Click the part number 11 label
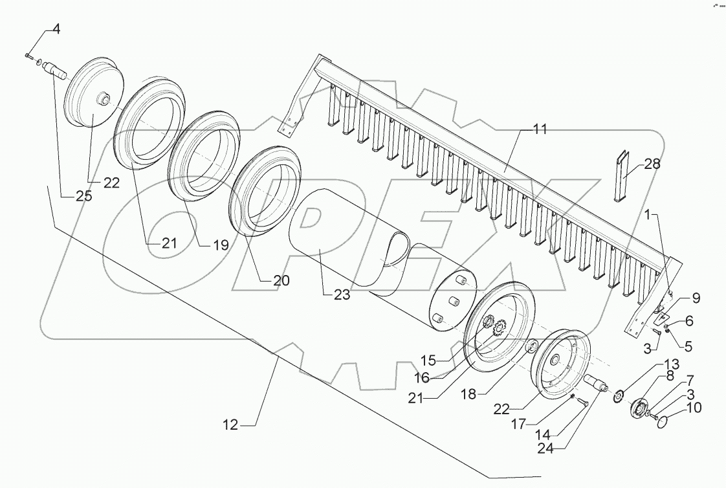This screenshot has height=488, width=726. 539,129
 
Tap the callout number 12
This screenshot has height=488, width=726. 230,425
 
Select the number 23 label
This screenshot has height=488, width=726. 342,295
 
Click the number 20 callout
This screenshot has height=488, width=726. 281,280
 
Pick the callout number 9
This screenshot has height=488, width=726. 696,298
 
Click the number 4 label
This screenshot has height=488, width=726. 56,29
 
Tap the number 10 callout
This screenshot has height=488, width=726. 694,408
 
